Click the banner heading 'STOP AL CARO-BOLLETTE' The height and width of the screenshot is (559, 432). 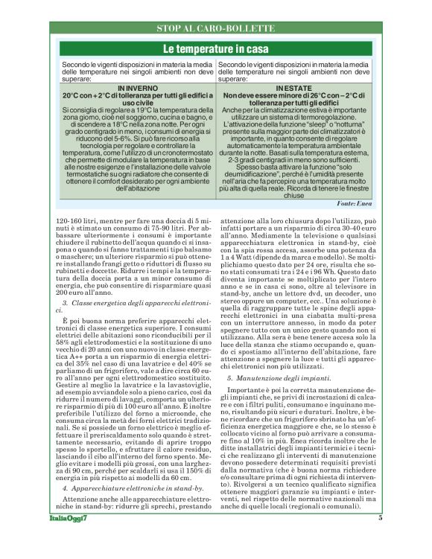tap(216, 28)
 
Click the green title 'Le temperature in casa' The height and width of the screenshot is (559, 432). tap(216, 48)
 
